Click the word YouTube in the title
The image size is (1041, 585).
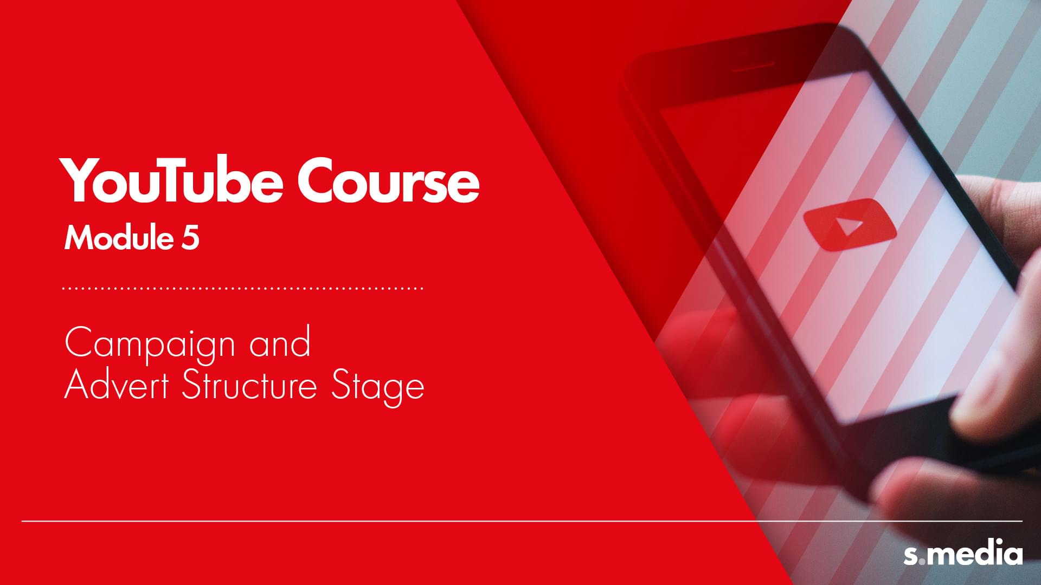tap(171, 180)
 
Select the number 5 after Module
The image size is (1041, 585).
tap(190, 238)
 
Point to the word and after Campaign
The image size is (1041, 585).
tap(280, 342)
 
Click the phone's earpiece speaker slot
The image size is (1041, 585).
tap(753, 66)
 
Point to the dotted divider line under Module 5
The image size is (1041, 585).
tap(243, 288)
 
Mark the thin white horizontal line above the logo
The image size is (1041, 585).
tap(522, 521)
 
